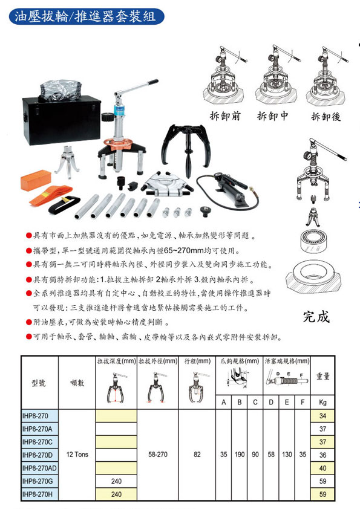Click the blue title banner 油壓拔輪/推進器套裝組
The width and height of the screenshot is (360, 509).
point(87,16)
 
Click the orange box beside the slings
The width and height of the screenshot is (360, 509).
point(36,180)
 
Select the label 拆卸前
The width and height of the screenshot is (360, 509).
point(225,115)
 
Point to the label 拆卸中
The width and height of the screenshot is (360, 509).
point(273,115)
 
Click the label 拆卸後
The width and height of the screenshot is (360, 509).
point(326,116)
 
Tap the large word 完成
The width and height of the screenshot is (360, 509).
point(316,317)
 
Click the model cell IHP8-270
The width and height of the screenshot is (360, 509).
point(35,416)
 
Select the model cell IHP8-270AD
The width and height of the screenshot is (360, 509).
point(39,468)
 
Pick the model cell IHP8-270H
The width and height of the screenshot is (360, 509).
point(37,494)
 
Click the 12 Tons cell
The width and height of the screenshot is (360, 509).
point(77,455)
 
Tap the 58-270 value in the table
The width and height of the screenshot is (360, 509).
point(158,455)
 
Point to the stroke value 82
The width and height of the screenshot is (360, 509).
point(197,455)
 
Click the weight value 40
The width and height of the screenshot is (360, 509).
point(322,468)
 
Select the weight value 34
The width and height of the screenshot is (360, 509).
point(322,416)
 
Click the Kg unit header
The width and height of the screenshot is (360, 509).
point(322,402)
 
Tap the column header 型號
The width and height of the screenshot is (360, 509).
point(39,383)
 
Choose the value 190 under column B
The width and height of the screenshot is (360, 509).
point(240,455)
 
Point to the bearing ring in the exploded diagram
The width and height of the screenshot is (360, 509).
point(313,241)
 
